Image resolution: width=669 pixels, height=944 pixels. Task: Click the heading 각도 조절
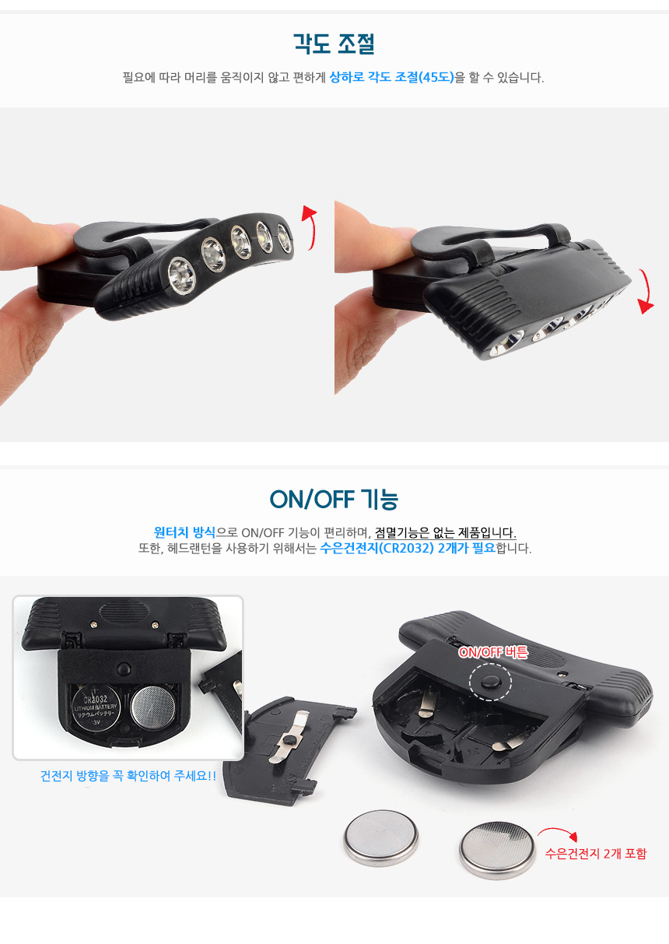(334, 44)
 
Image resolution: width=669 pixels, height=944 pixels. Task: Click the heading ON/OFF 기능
(334, 500)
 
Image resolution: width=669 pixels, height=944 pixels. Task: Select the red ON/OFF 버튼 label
(493, 652)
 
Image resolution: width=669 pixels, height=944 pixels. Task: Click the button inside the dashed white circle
(491, 682)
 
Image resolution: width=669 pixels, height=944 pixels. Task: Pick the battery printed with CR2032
(96, 707)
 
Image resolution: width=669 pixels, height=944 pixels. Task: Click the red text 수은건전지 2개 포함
(596, 854)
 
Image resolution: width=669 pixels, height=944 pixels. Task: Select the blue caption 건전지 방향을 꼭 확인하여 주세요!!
(128, 775)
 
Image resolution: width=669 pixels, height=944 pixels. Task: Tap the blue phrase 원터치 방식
(184, 532)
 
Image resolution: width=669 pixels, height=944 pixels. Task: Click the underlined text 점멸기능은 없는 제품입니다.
(445, 532)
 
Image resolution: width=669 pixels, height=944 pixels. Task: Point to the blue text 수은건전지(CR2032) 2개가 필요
(408, 549)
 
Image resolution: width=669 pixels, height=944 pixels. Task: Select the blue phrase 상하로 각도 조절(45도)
(392, 77)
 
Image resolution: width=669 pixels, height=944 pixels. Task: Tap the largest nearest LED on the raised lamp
(181, 276)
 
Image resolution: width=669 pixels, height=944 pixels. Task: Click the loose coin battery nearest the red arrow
(497, 850)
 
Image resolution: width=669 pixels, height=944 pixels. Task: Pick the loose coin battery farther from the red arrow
(381, 838)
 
